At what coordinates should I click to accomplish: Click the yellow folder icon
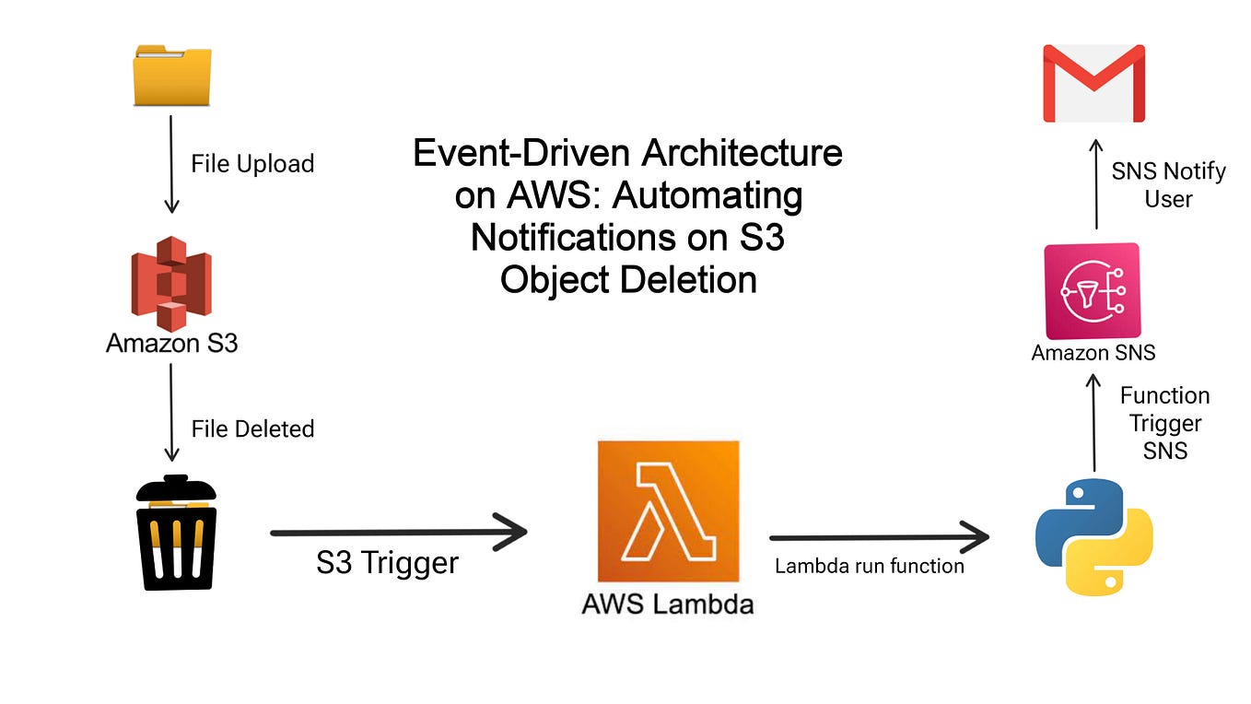coord(172,77)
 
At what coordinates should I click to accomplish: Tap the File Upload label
coord(252,164)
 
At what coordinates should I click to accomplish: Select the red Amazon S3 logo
coord(171,283)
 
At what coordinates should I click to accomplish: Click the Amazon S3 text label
coord(171,344)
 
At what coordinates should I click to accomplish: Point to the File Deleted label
coord(252,428)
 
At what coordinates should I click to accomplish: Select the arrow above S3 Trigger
coord(398,532)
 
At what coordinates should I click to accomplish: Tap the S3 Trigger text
coord(387,563)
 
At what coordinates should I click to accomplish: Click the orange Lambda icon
coord(668,511)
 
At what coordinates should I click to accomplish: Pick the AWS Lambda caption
coord(668,604)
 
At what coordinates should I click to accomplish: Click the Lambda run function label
coord(869,566)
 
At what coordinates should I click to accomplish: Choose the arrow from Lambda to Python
coord(879,537)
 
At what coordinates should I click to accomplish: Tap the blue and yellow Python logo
coord(1094,536)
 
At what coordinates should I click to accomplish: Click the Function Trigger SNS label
coord(1164,423)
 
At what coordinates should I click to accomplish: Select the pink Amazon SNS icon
coord(1093,291)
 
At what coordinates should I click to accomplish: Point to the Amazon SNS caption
coord(1093,352)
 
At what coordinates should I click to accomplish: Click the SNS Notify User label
coord(1168,185)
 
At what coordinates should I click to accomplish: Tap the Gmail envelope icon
coord(1093,84)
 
